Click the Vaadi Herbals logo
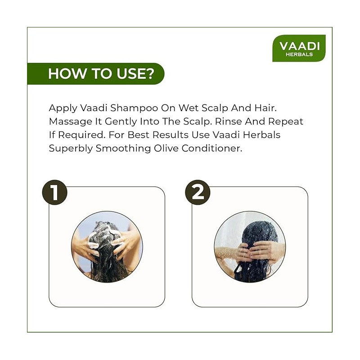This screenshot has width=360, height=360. click(x=299, y=48)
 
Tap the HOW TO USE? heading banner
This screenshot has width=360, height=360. click(x=96, y=74)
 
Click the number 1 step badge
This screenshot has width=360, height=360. click(x=54, y=193)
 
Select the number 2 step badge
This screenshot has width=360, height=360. click(x=198, y=193)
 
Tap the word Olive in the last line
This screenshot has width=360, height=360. click(x=166, y=148)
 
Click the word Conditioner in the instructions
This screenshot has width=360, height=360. click(x=212, y=148)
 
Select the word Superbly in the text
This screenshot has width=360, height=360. click(x=71, y=148)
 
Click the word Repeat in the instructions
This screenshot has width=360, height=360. click(x=286, y=121)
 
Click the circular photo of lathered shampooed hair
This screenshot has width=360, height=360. click(x=107, y=247)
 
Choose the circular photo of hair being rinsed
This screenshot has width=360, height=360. click(x=250, y=247)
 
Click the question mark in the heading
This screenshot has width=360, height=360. click(x=150, y=73)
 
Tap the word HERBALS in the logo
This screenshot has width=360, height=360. click(x=299, y=54)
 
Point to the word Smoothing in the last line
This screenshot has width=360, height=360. click(x=123, y=148)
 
